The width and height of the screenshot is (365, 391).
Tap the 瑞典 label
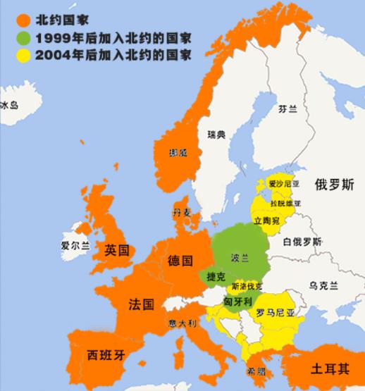point(216,134)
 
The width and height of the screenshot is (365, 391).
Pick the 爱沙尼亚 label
point(284,184)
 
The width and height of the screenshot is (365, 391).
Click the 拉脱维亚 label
point(285,203)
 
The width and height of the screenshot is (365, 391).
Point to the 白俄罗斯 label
point(302,242)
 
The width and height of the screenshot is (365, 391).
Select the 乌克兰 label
point(323,285)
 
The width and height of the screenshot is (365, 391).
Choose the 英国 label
point(116,250)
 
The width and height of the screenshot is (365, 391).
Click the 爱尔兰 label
point(75,246)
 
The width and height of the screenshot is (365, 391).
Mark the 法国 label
point(141,305)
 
